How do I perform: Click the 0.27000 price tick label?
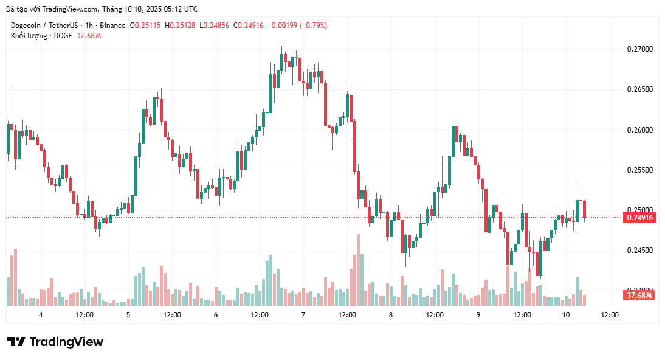639,49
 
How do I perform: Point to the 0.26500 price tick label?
639,89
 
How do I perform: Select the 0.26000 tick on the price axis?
639,130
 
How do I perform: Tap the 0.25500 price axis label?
639,170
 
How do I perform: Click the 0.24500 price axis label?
639,251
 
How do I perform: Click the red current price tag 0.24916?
639,217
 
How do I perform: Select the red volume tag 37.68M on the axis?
639,296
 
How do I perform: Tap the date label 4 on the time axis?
41,315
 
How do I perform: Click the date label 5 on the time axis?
128,315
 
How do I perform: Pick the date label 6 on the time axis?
216,315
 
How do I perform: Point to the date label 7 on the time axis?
303,315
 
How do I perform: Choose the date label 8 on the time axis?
391,315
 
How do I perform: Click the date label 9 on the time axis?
478,315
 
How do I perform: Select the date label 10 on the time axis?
566,315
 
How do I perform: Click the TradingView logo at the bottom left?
55,342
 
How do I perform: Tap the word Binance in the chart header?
111,26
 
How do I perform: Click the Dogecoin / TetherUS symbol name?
44,26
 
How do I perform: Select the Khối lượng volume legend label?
29,36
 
